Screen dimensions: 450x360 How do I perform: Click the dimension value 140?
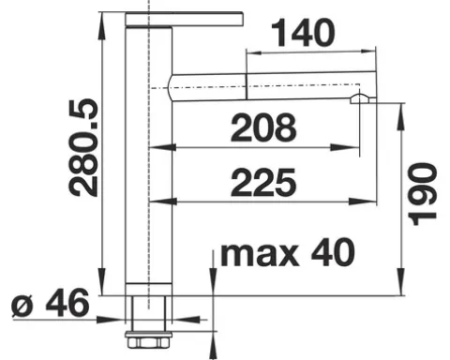pyautogui.click(x=303, y=33)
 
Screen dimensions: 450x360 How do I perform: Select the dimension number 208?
pyautogui.click(x=263, y=127)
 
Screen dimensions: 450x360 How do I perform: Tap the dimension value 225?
pyautogui.click(x=263, y=183)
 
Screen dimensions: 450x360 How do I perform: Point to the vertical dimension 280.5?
pyautogui.click(x=83, y=148)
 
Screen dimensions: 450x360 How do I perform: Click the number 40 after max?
pyautogui.click(x=333, y=252)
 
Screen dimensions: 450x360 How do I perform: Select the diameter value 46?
pyautogui.click(x=67, y=303)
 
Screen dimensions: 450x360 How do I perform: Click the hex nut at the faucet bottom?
pyautogui.click(x=148, y=340)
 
